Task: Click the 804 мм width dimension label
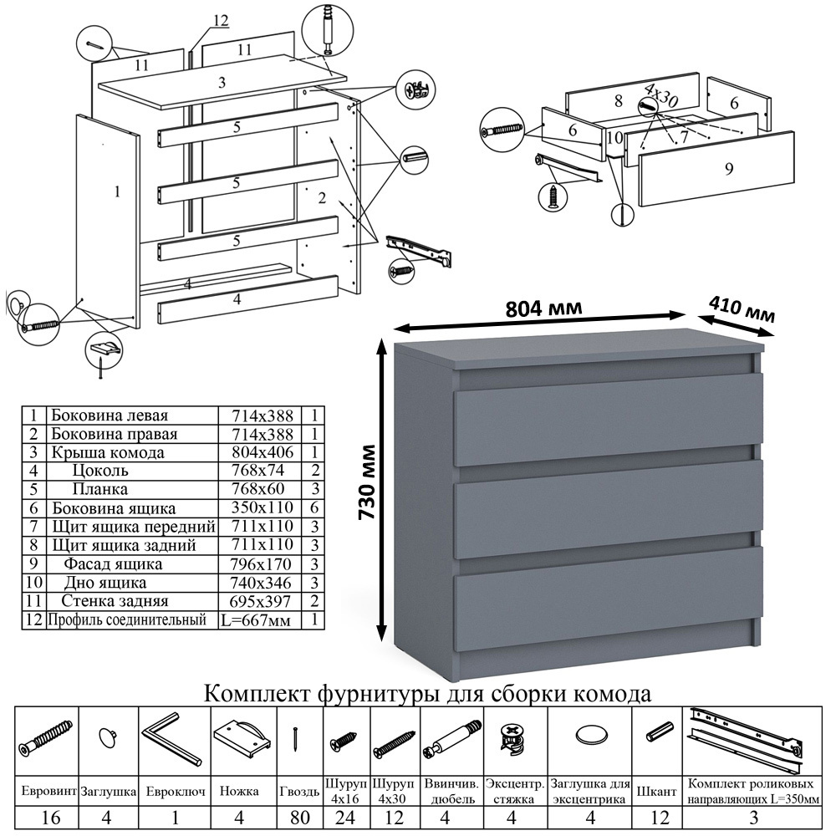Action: (544, 308)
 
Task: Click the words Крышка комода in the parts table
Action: (107, 453)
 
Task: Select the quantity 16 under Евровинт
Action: (49, 818)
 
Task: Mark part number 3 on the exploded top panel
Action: (222, 82)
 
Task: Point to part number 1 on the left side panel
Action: (116, 191)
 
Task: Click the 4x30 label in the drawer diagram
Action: (661, 94)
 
